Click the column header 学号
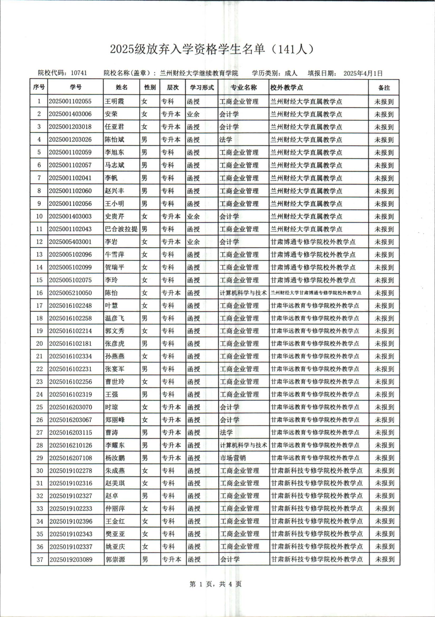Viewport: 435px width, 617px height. tap(75, 87)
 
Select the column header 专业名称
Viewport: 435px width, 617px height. tap(243, 87)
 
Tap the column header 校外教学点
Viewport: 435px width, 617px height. tap(287, 87)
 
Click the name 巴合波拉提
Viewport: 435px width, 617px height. tap(121, 229)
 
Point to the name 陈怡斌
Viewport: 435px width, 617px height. tap(115, 140)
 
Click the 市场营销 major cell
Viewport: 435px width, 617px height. tap(233, 458)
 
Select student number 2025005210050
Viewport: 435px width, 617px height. tap(70, 293)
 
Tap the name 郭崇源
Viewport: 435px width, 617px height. tap(115, 559)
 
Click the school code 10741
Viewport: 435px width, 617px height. tap(79, 73)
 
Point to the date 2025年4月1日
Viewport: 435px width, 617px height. tap(363, 73)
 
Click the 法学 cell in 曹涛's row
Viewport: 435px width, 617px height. tap(226, 433)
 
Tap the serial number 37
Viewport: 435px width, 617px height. tap(40, 559)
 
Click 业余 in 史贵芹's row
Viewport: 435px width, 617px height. tap(193, 216)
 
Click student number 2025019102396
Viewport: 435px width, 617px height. tap(71, 521)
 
